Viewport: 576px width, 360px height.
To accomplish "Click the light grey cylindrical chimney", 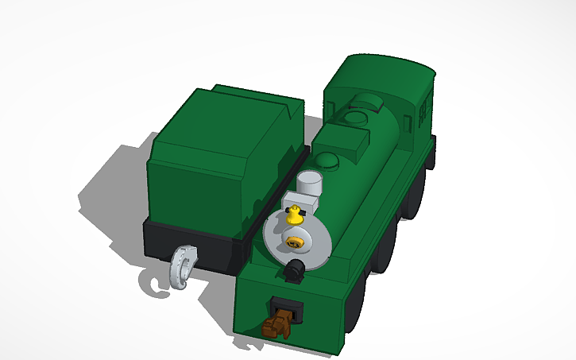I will coord(309,183).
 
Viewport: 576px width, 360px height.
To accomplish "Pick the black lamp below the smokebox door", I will coord(294,269).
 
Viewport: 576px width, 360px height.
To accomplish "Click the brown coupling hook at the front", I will coord(276,323).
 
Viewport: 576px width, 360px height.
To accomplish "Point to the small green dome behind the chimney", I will coord(328,162).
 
